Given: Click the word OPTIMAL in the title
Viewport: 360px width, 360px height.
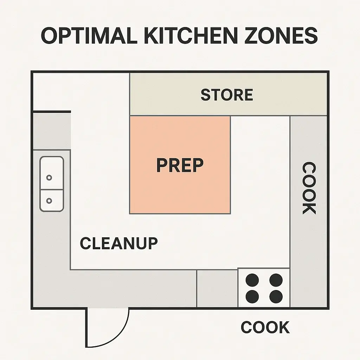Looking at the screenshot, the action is pyautogui.click(x=89, y=36).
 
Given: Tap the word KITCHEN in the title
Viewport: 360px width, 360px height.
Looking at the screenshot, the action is pyautogui.click(x=191, y=36).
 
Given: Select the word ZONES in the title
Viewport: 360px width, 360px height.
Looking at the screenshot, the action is pyautogui.click(x=281, y=36).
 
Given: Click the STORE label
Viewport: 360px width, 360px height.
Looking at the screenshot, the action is pyautogui.click(x=227, y=95).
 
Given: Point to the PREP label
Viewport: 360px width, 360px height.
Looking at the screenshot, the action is pyautogui.click(x=180, y=165).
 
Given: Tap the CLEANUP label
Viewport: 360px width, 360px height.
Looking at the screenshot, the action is pyautogui.click(x=119, y=243).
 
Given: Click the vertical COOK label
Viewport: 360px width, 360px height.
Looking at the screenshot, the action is pyautogui.click(x=309, y=188).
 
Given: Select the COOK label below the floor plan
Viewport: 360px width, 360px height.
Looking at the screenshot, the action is pyautogui.click(x=265, y=327).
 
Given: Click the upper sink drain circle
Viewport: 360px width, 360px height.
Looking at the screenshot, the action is pyautogui.click(x=49, y=178).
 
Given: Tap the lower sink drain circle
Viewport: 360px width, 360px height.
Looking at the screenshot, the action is pyautogui.click(x=49, y=201).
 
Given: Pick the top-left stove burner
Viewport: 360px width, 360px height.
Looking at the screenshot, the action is pyautogui.click(x=252, y=280).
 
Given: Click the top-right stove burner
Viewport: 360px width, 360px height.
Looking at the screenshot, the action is pyautogui.click(x=276, y=280).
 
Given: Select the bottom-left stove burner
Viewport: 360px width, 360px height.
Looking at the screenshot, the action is pyautogui.click(x=252, y=296).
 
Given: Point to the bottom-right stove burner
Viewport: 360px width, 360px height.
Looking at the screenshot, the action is pyautogui.click(x=276, y=296).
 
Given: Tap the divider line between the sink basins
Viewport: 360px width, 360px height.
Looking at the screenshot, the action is pyautogui.click(x=52, y=189).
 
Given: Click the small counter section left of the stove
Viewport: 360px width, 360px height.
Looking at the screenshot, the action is pyautogui.click(x=217, y=288).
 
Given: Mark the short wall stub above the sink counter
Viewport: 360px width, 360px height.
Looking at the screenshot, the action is pyautogui.click(x=52, y=112).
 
